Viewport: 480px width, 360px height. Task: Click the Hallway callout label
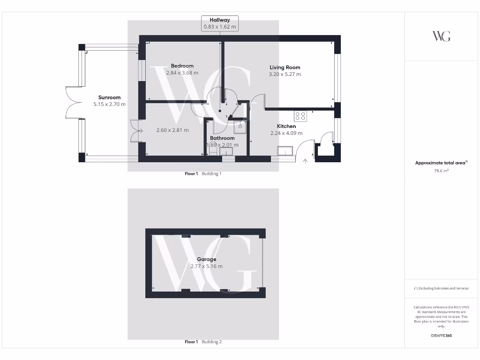click(220, 20)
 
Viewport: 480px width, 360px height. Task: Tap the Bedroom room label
click(182, 66)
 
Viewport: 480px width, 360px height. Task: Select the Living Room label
click(285, 67)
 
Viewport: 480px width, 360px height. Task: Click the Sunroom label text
click(109, 98)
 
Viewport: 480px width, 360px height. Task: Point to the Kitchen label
click(286, 127)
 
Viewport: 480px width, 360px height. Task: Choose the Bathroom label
click(222, 138)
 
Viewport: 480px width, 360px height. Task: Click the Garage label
click(206, 259)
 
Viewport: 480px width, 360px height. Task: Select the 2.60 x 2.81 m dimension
click(172, 130)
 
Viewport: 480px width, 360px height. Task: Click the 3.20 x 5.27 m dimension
click(285, 74)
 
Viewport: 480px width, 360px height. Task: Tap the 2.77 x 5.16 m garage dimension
click(206, 266)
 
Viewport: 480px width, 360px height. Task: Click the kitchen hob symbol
click(300, 116)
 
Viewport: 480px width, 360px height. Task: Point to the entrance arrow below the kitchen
click(306, 162)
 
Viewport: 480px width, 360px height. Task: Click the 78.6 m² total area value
click(441, 171)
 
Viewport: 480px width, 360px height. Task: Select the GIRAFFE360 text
click(441, 336)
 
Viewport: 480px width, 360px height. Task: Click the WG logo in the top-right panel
click(441, 36)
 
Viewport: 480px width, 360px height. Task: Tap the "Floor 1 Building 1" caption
click(203, 174)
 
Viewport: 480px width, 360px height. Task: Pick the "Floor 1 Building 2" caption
click(203, 342)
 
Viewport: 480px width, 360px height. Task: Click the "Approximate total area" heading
click(441, 163)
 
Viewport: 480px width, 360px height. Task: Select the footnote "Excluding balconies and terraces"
click(441, 288)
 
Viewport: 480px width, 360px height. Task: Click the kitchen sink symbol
click(285, 150)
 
